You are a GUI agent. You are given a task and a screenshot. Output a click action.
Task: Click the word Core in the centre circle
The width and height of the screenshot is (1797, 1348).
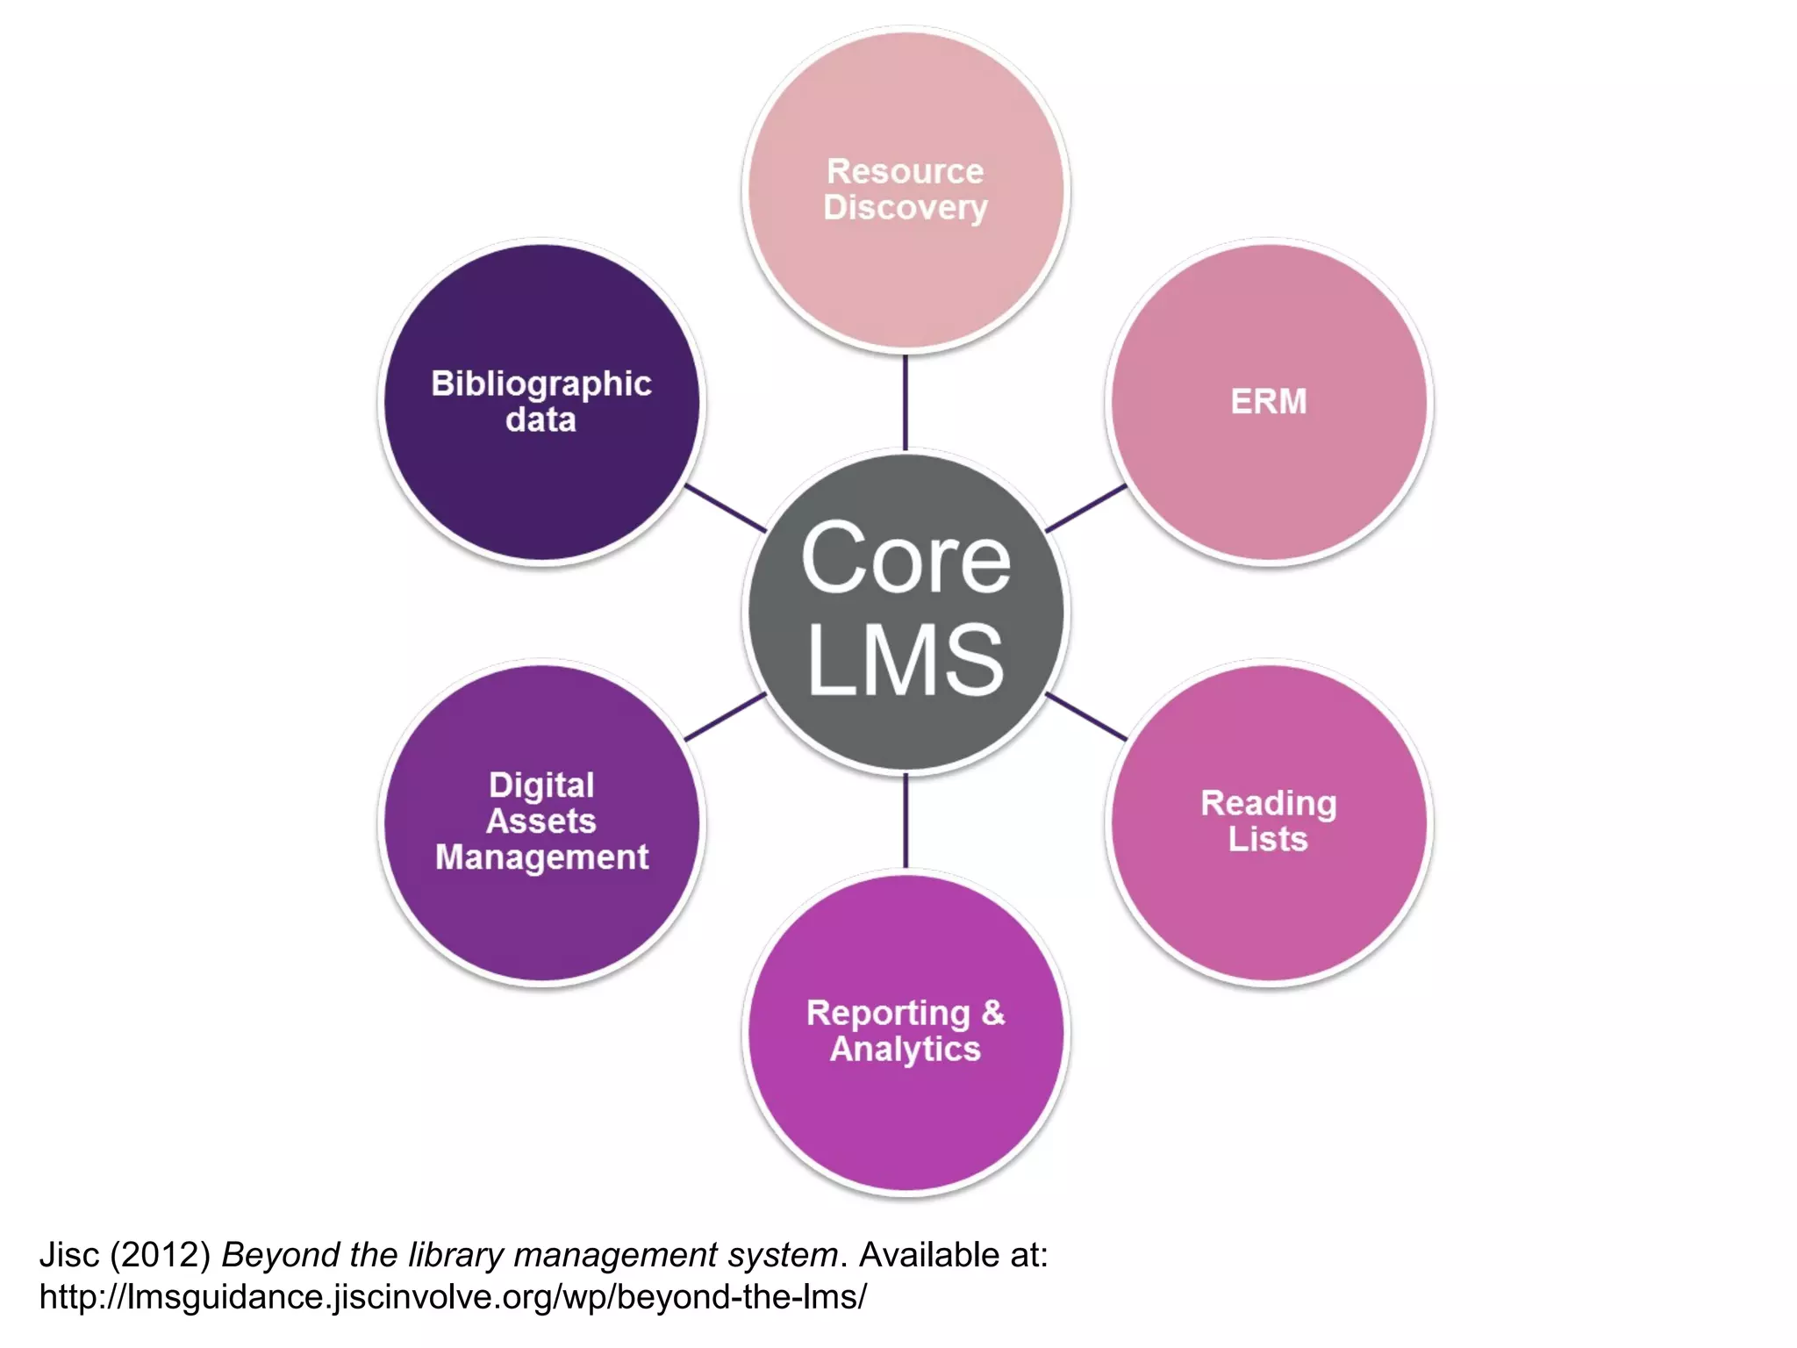click(906, 559)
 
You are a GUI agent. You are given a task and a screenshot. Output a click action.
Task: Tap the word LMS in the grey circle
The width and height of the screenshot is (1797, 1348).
click(906, 660)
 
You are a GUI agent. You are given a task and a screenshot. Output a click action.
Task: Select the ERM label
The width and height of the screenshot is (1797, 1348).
click(1268, 402)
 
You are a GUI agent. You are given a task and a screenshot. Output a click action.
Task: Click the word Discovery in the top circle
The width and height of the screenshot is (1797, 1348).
click(906, 208)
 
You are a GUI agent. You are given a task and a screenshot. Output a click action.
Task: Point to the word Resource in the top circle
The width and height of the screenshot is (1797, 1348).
click(906, 171)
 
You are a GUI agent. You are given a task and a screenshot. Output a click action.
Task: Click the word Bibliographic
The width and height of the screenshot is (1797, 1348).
click(541, 384)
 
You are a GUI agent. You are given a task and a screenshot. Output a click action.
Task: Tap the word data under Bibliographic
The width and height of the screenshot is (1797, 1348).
click(541, 419)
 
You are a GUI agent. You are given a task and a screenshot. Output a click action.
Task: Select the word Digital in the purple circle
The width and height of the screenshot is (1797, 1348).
click(541, 785)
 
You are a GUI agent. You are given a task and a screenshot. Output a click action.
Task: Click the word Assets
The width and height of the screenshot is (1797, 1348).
click(541, 821)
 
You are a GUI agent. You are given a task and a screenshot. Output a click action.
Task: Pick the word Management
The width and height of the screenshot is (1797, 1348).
click(541, 857)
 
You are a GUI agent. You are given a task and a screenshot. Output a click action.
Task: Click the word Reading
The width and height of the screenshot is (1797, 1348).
click(1268, 803)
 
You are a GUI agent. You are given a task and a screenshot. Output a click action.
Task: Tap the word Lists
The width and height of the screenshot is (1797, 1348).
click(1268, 839)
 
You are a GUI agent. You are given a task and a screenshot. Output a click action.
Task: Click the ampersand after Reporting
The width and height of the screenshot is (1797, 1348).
click(993, 1012)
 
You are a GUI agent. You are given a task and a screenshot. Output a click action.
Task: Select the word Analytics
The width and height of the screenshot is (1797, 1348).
click(906, 1049)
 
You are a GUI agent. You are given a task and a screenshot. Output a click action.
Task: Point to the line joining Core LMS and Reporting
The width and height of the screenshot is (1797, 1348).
click(906, 821)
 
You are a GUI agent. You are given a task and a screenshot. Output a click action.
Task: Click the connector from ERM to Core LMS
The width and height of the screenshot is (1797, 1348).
click(1086, 508)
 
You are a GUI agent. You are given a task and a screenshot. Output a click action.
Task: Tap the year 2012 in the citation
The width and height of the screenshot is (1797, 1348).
click(161, 1255)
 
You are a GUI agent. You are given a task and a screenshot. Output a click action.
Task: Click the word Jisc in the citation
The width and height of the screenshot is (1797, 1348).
click(69, 1255)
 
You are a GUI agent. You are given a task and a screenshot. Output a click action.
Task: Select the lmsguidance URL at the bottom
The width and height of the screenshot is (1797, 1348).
click(453, 1297)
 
